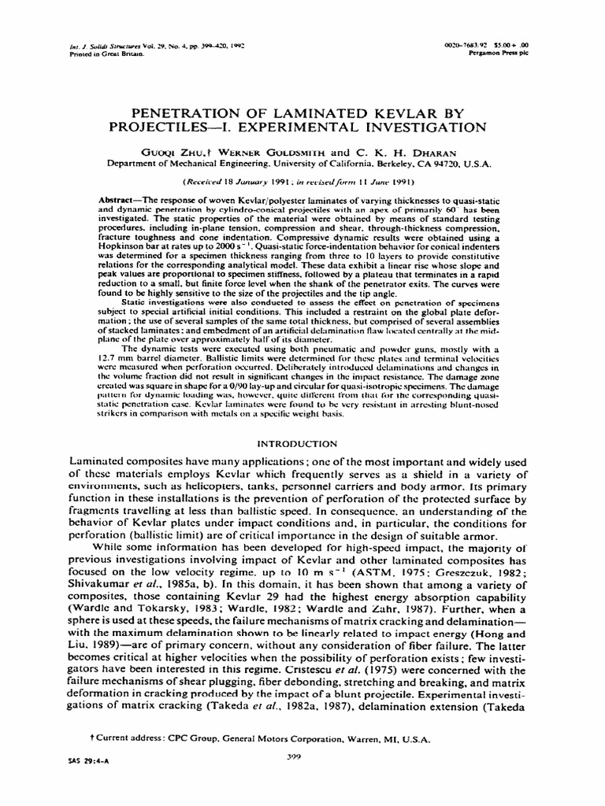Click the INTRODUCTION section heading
[x=302, y=444]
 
